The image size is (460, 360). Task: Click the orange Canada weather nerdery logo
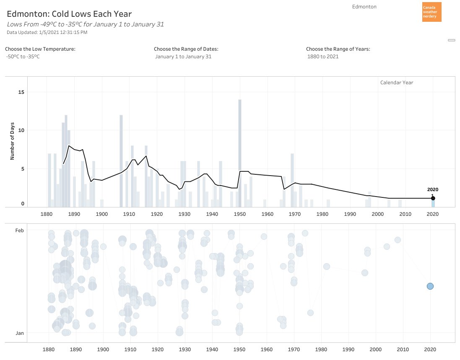point(431,12)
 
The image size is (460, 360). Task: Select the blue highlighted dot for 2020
point(430,286)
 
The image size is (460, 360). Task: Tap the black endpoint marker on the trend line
point(433,198)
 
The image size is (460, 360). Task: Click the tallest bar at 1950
point(240,153)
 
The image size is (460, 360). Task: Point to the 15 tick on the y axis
point(22,92)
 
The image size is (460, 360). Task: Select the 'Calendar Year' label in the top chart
point(396,83)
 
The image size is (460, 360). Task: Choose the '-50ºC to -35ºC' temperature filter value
point(23,57)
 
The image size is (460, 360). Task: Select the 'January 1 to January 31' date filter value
point(183,57)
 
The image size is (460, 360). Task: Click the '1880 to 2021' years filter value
point(323,57)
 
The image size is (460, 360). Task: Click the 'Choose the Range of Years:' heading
point(338,49)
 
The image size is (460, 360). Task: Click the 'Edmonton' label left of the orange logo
point(364,7)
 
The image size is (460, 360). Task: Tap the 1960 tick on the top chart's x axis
point(267,214)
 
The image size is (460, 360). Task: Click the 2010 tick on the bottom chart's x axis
point(403,349)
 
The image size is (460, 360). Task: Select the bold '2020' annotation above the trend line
point(432,189)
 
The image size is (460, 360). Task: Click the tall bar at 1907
point(121,161)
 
